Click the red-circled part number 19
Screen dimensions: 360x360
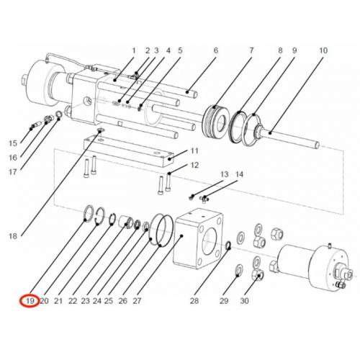(30, 300)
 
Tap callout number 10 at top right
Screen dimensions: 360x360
(323, 50)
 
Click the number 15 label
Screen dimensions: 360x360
(12, 143)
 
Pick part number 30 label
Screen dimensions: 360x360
(244, 300)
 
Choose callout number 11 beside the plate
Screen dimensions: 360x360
(194, 151)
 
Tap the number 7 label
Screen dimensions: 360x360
(251, 50)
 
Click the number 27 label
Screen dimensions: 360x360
(137, 300)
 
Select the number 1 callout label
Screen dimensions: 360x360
(133, 50)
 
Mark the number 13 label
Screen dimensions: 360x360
(224, 175)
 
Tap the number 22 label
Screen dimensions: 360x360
(73, 300)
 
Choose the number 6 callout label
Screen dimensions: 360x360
(215, 50)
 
